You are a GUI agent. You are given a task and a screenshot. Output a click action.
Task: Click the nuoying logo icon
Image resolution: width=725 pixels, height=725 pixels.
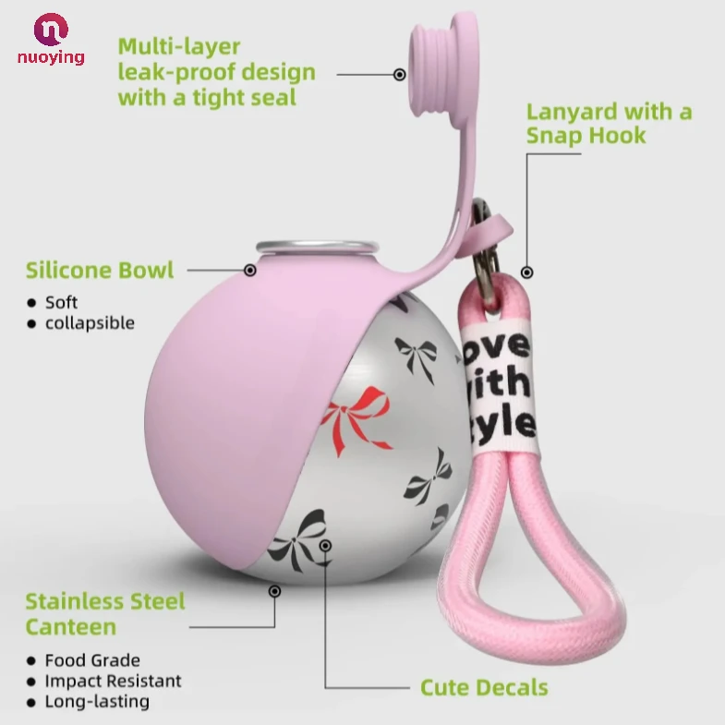(x=51, y=30)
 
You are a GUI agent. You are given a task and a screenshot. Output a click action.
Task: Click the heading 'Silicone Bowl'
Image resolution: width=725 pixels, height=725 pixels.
(x=100, y=271)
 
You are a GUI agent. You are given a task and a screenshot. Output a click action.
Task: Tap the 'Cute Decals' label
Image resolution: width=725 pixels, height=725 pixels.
(x=484, y=687)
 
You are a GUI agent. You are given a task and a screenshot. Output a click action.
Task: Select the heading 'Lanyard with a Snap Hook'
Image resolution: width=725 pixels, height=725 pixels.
(x=609, y=124)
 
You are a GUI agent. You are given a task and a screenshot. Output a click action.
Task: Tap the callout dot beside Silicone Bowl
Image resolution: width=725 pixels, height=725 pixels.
(x=249, y=270)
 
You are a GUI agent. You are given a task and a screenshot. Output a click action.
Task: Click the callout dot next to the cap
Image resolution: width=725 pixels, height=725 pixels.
(x=400, y=74)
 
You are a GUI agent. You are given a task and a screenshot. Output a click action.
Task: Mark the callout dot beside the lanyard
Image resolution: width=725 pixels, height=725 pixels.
(x=526, y=272)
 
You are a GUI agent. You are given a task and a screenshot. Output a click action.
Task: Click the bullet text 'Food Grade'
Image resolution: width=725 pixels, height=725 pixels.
(x=92, y=660)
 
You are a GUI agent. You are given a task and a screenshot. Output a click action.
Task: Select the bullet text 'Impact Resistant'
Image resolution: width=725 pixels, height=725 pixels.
(x=113, y=681)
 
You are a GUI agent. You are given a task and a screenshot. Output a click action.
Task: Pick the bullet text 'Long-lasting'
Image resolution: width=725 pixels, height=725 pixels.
(x=97, y=701)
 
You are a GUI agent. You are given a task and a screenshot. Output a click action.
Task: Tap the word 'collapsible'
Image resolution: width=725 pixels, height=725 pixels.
(x=90, y=322)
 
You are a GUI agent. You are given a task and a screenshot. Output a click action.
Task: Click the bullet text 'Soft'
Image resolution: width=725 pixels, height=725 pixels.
(x=61, y=302)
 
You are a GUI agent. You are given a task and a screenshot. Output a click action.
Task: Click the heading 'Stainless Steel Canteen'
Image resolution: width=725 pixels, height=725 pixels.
(x=105, y=614)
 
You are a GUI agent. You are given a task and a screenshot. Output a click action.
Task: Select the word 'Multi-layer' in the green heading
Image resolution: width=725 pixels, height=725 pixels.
(x=179, y=46)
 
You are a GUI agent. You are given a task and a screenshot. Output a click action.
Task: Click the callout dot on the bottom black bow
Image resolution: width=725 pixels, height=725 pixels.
(x=325, y=546)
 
